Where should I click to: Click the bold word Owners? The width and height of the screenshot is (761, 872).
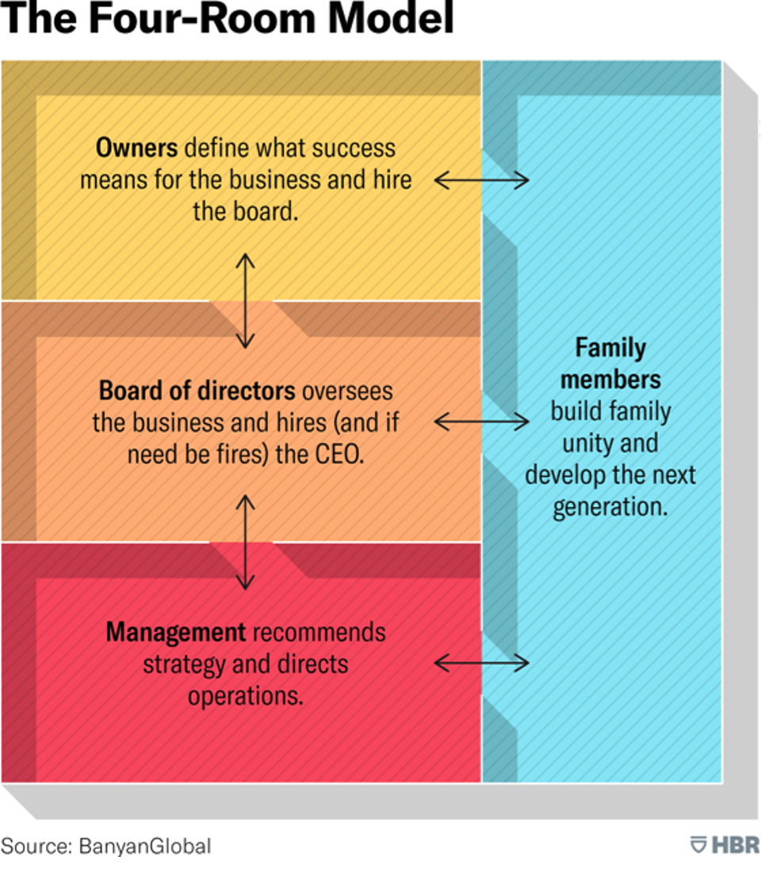(x=137, y=148)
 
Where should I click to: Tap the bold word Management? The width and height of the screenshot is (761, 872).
(x=176, y=633)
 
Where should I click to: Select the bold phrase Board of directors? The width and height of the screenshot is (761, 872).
(x=197, y=390)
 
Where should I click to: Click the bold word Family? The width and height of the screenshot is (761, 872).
(x=611, y=349)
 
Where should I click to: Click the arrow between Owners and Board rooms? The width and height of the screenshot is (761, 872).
(x=245, y=301)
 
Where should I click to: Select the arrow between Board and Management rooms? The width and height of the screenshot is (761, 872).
(x=245, y=542)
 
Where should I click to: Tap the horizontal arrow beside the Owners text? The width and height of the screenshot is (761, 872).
(x=481, y=180)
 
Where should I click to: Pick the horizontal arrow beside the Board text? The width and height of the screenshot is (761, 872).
(x=481, y=422)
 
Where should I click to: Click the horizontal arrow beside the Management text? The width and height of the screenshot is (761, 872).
(x=481, y=663)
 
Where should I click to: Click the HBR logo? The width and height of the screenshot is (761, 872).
(x=725, y=845)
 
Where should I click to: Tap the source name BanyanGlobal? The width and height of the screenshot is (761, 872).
(x=145, y=847)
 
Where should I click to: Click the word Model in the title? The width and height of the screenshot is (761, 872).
(x=391, y=17)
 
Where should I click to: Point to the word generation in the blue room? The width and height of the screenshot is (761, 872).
(x=610, y=507)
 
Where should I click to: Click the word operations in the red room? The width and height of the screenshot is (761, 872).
(x=245, y=697)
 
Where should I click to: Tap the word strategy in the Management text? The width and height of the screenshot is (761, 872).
(x=184, y=665)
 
